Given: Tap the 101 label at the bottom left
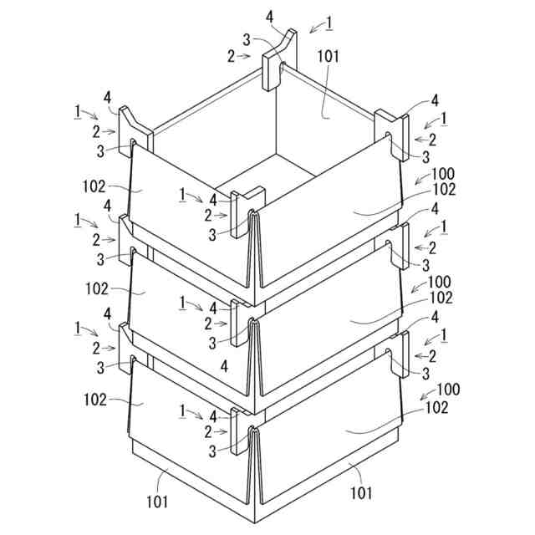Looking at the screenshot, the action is [x=156, y=502].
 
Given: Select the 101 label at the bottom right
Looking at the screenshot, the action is [x=360, y=493].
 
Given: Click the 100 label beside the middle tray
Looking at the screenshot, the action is [x=440, y=282].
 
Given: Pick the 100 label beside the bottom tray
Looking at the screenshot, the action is [x=448, y=390].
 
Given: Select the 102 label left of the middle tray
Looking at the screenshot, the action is [x=97, y=288].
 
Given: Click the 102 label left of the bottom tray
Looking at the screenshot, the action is [x=95, y=400].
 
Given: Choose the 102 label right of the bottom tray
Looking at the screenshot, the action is [x=436, y=408].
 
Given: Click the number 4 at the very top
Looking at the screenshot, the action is [x=269, y=17].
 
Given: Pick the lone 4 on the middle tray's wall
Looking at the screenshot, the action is [x=224, y=367].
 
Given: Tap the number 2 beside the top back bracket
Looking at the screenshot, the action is [x=232, y=56].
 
